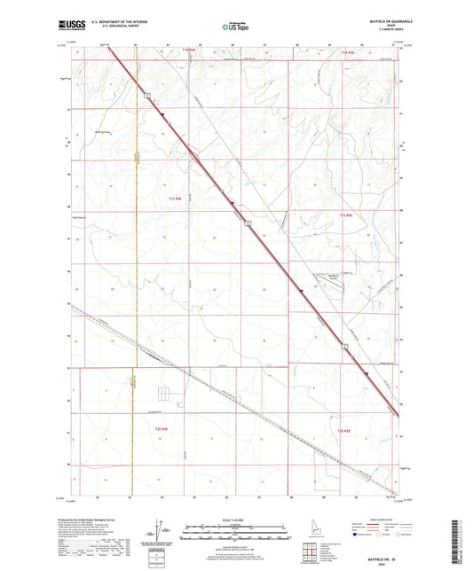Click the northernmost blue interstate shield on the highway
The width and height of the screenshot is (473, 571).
pyautogui.click(x=163, y=113)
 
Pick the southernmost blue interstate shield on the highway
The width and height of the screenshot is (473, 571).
pyautogui.click(x=365, y=375)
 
